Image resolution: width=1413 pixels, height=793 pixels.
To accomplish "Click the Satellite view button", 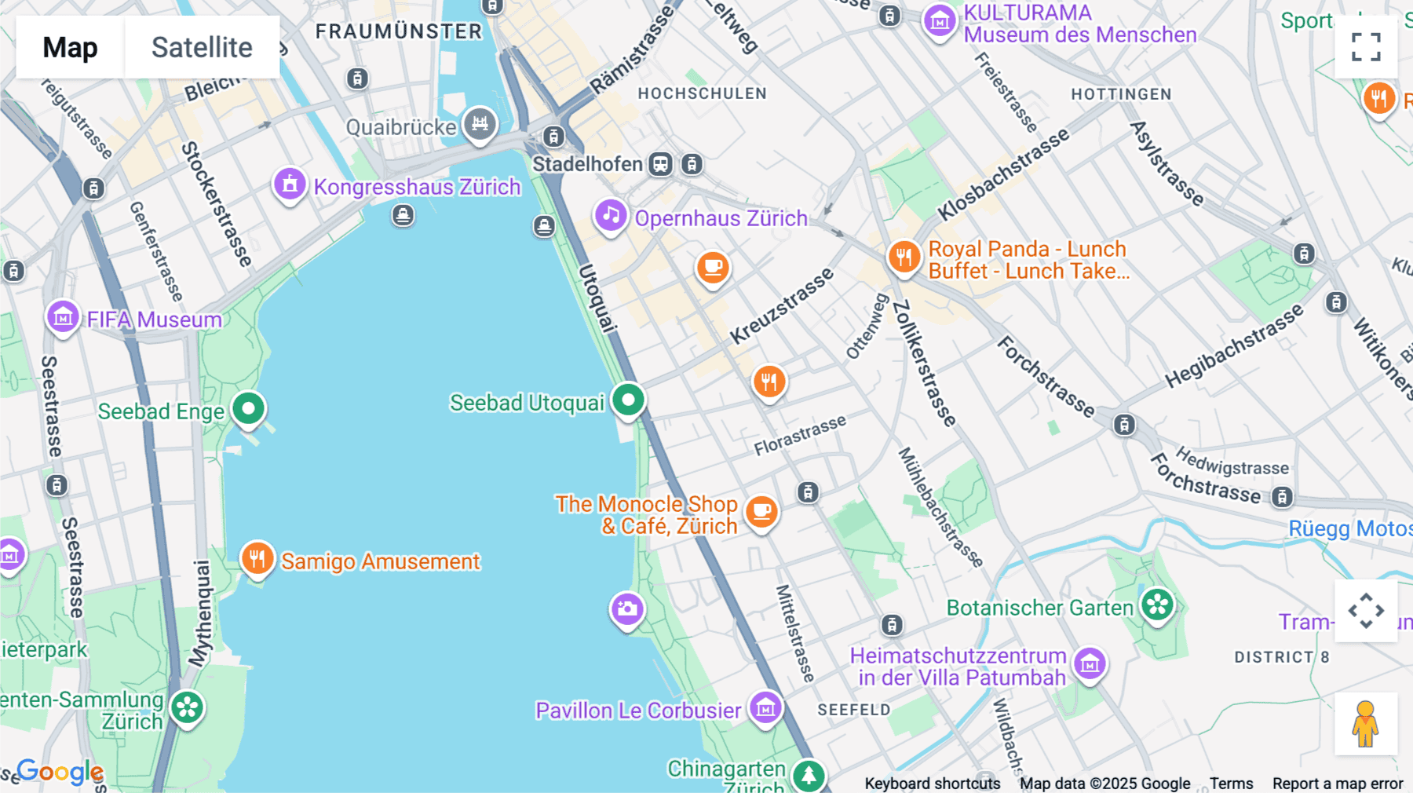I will tap(202, 47).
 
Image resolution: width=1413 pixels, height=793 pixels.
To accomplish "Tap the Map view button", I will tap(70, 47).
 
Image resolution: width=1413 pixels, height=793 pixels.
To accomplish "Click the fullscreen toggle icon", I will tap(1366, 47).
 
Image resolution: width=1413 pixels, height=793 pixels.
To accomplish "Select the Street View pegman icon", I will tap(1365, 723).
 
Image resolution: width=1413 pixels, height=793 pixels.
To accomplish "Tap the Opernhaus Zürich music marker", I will tap(611, 215).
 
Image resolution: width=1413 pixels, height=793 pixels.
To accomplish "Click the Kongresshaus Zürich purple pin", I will tap(290, 185).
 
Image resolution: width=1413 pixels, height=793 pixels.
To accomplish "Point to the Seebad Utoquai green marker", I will tap(628, 400).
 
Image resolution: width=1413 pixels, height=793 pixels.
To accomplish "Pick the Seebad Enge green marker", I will tap(249, 408).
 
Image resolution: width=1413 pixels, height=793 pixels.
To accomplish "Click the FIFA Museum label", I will tap(155, 320).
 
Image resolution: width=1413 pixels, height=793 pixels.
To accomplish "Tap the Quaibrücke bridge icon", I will tap(480, 123).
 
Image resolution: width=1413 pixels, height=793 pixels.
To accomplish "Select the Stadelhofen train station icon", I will tap(661, 164).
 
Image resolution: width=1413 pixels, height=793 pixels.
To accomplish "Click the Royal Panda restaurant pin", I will tap(904, 257).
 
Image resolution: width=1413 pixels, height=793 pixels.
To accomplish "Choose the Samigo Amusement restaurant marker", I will tap(257, 558).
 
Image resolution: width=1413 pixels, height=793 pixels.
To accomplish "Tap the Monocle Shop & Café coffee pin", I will tap(761, 512).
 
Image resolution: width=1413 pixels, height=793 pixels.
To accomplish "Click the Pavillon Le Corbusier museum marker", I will tap(765, 707).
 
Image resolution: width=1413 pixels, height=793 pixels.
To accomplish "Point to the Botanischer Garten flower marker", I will tap(1157, 605).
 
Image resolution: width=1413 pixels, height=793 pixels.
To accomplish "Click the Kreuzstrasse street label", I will tap(781, 306).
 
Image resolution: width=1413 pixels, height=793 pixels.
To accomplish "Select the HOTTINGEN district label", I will tap(1121, 94).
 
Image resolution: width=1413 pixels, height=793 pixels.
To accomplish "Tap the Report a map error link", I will tap(1338, 783).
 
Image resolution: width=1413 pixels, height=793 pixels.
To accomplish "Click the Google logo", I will tap(60, 772).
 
